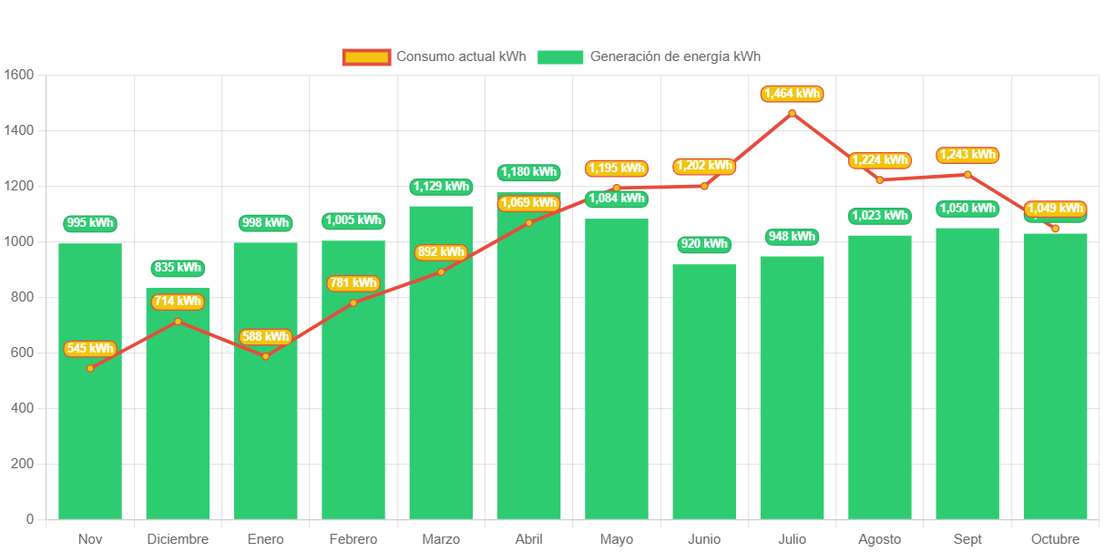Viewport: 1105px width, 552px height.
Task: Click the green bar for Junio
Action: (704, 392)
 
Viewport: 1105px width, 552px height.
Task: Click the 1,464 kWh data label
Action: (793, 93)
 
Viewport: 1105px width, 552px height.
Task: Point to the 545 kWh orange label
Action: (90, 348)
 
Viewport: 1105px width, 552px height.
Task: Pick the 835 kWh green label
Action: (178, 268)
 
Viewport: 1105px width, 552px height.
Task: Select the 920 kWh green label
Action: (704, 244)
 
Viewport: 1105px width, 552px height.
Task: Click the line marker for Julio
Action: (792, 113)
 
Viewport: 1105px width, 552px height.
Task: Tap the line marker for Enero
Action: (265, 356)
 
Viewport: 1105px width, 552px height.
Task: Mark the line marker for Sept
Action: (967, 174)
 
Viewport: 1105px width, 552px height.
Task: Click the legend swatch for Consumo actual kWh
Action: (366, 56)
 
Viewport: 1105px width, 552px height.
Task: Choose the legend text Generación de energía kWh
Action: (675, 56)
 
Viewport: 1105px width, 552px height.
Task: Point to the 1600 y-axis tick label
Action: (18, 74)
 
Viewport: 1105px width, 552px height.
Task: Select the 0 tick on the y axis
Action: (30, 519)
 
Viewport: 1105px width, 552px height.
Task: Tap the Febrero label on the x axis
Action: (353, 539)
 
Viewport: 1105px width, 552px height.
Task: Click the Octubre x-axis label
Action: (1055, 539)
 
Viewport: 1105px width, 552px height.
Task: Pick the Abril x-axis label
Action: (528, 539)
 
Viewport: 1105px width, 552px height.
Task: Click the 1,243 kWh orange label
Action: (967, 155)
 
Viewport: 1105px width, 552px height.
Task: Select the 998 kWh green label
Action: (265, 222)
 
